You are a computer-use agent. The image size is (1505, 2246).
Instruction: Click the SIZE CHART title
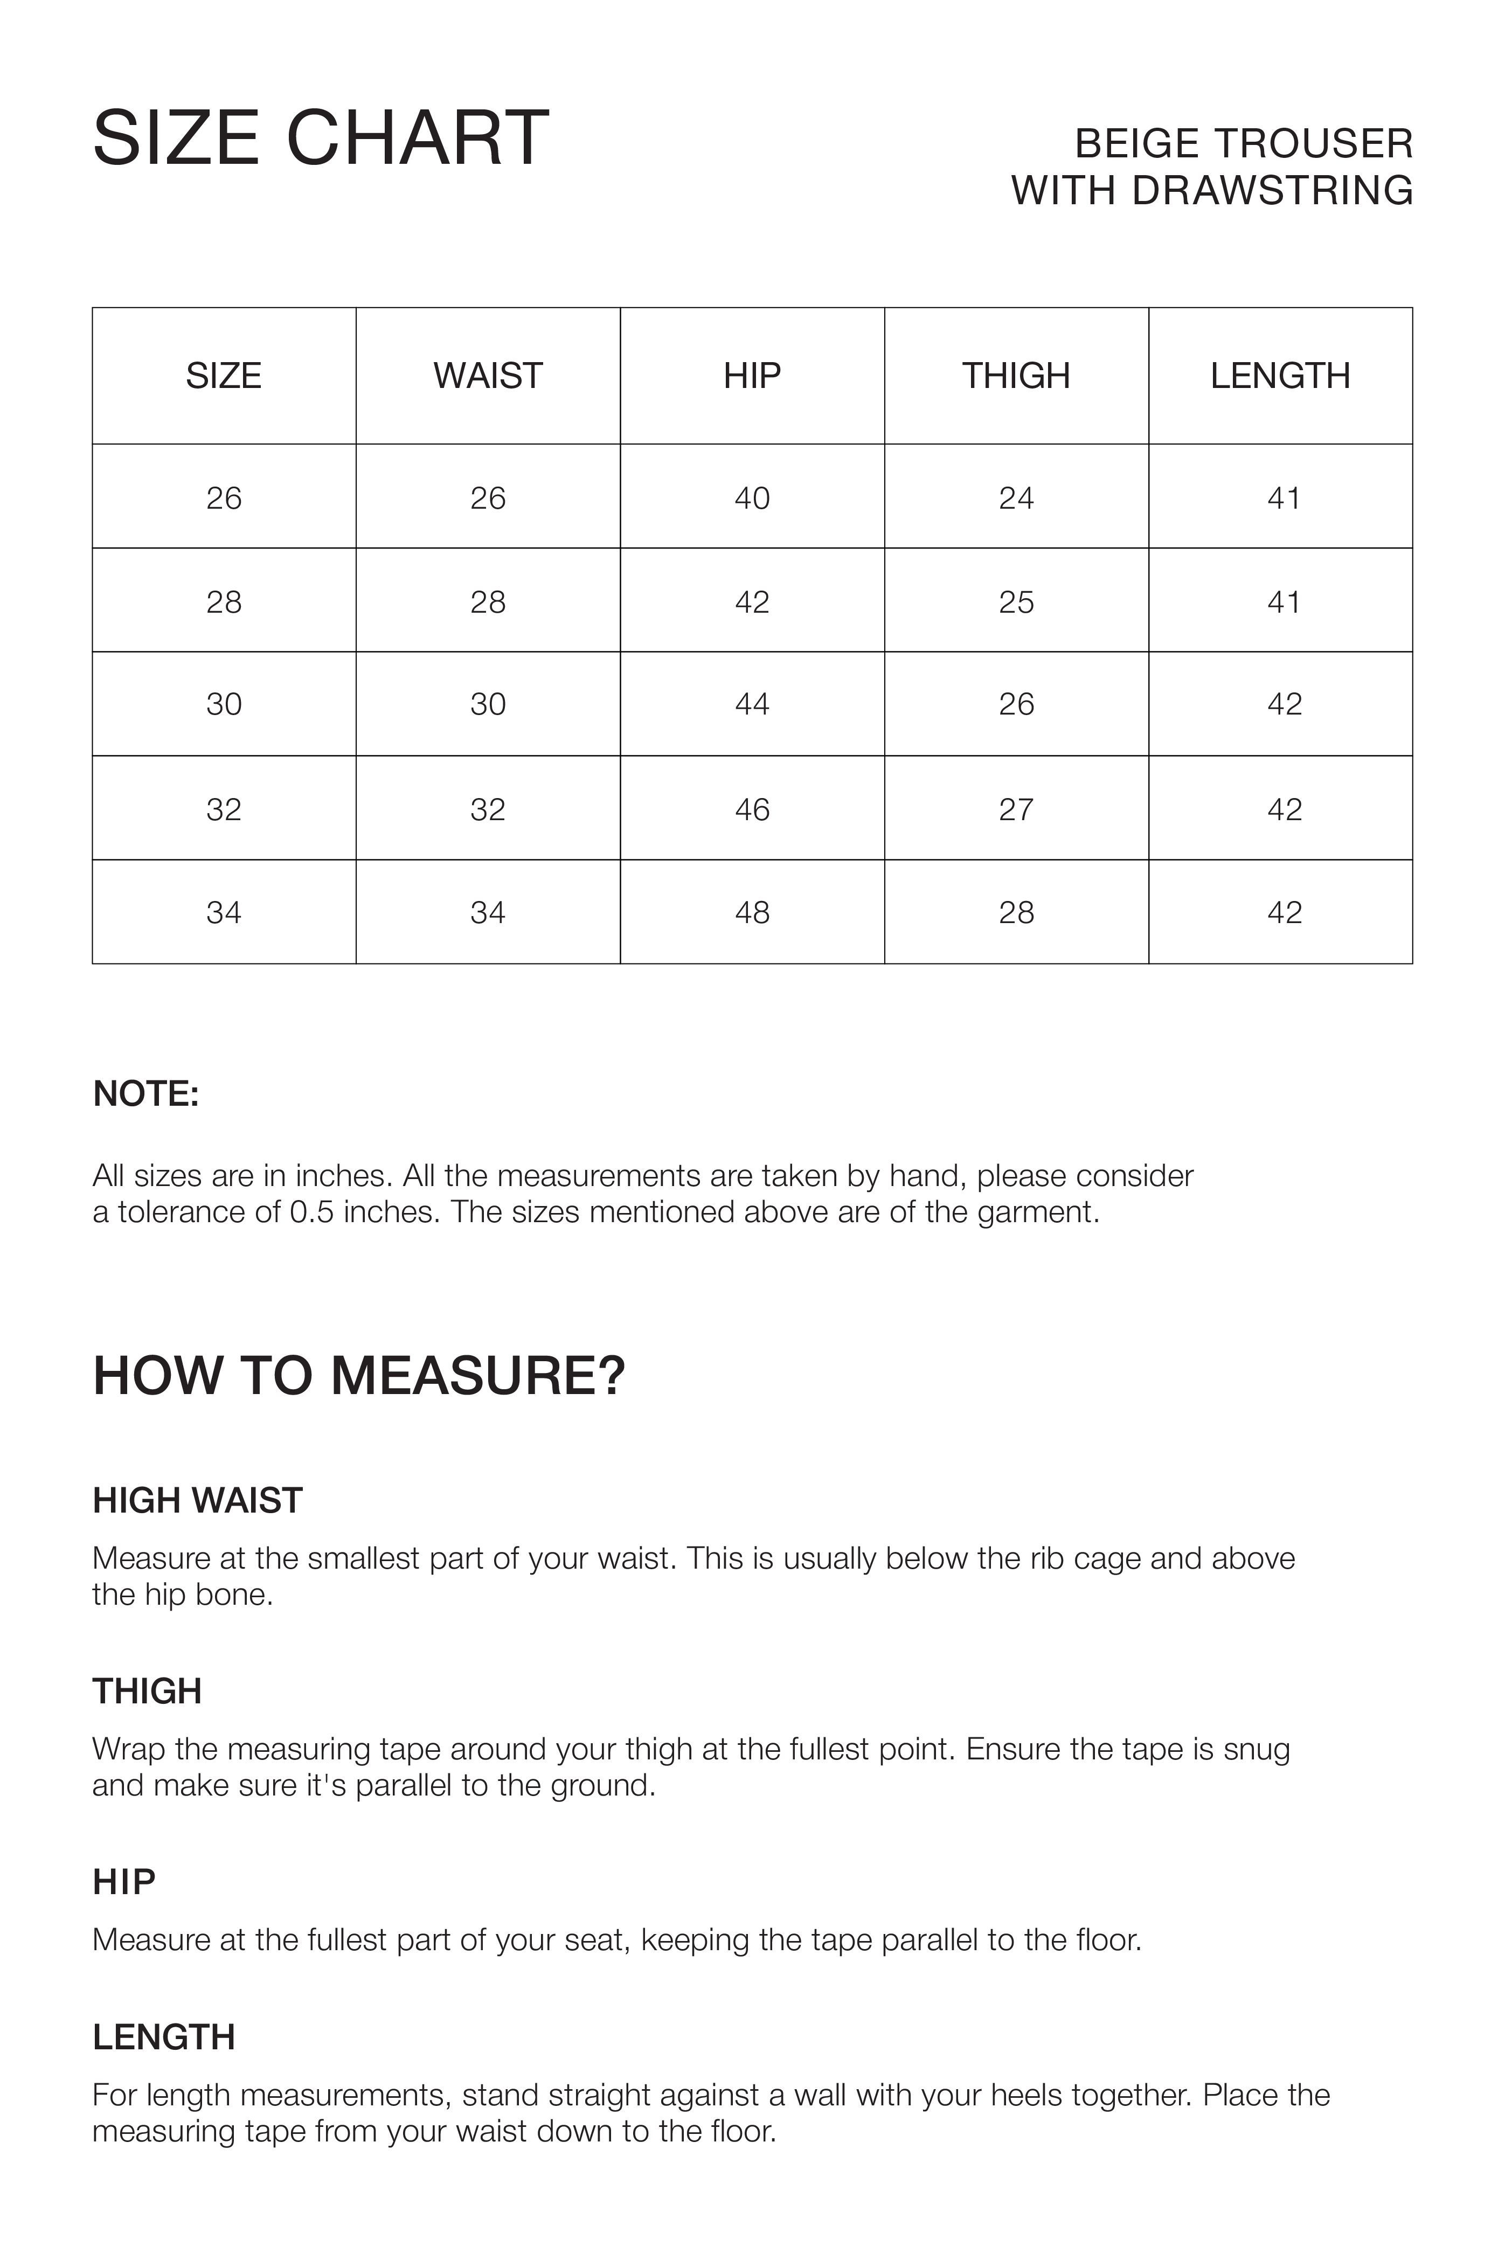point(321,139)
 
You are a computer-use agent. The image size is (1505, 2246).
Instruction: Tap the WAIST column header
point(488,375)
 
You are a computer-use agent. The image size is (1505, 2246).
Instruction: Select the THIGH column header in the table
point(1016,375)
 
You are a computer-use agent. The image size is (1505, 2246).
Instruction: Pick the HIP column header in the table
point(752,375)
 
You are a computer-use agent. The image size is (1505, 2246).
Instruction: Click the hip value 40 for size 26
point(752,498)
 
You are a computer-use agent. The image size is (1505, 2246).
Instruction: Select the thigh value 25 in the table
point(1016,602)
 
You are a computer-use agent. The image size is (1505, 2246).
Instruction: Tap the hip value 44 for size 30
point(752,704)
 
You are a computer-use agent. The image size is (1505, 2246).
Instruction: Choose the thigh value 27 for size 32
point(1016,809)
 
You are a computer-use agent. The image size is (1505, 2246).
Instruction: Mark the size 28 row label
point(224,602)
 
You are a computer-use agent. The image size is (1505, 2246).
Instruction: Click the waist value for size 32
point(488,809)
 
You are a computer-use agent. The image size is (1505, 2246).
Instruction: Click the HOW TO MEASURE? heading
point(359,1375)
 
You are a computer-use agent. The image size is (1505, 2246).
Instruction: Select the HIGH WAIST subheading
point(198,1500)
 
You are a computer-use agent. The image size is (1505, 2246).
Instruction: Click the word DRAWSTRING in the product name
point(1272,190)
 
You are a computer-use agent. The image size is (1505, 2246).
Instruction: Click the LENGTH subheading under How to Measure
point(164,2037)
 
